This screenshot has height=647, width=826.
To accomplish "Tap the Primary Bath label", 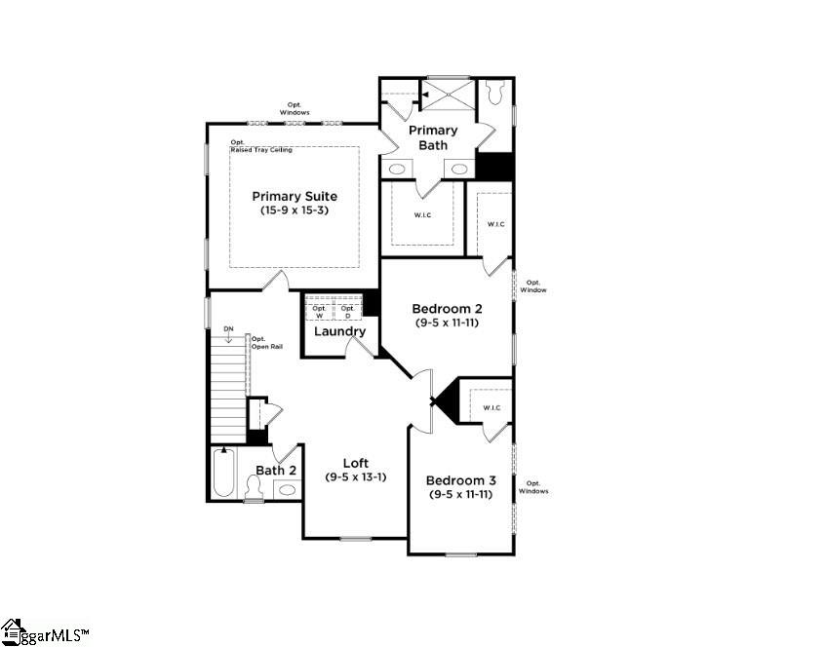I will (433, 137).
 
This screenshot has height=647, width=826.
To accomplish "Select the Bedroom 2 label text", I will (449, 308).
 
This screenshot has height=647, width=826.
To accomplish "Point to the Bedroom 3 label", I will (460, 480).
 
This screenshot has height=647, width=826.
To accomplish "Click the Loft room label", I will (356, 463).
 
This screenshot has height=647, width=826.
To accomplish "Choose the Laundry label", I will (339, 331).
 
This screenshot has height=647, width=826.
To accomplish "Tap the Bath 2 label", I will (276, 471).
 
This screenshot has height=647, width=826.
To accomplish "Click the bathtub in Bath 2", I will (223, 474).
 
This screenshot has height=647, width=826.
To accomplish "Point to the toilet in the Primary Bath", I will (494, 94).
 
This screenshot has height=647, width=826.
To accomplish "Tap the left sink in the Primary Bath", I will (397, 169).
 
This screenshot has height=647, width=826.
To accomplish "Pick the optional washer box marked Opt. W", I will (319, 312).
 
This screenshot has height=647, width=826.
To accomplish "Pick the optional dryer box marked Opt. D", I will (347, 312).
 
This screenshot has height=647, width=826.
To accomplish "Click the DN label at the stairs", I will (228, 328).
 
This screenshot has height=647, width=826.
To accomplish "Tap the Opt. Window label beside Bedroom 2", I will (532, 286).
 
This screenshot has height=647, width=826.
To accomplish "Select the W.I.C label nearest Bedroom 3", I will (491, 407).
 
